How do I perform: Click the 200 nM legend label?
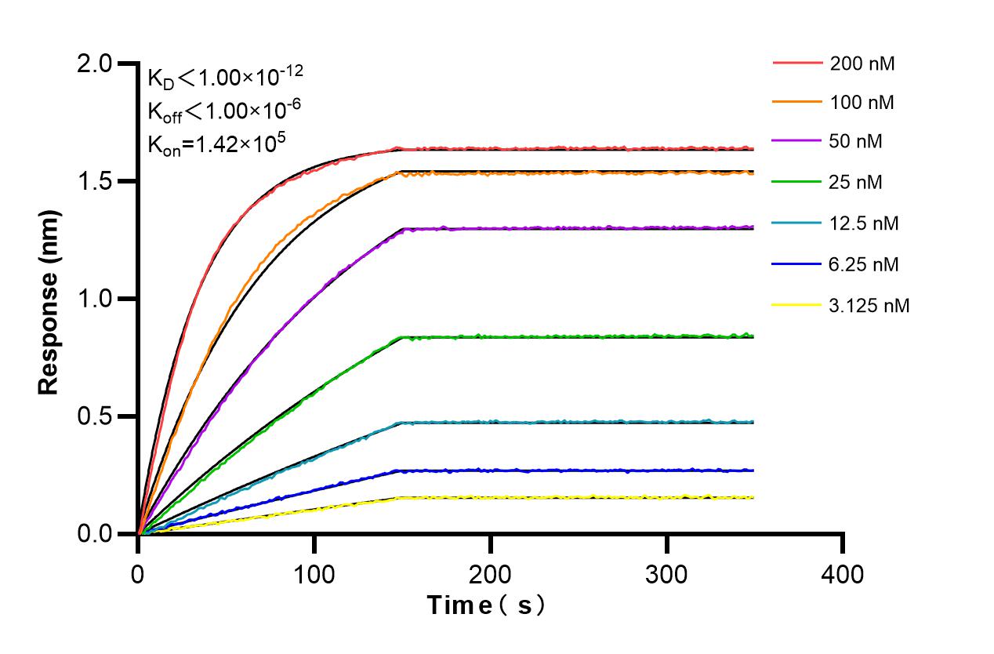pyautogui.click(x=862, y=64)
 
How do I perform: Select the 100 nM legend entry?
pyautogui.click(x=862, y=102)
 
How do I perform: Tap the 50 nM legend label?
pyautogui.click(x=856, y=142)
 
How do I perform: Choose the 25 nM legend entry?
pyautogui.click(x=856, y=183)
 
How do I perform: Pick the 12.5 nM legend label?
pyautogui.click(x=864, y=223)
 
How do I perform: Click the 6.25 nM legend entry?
pyautogui.click(x=864, y=264)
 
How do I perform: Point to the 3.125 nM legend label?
pyautogui.click(x=869, y=306)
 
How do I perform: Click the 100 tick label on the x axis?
pyautogui.click(x=314, y=575)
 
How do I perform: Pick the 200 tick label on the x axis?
pyautogui.click(x=491, y=575)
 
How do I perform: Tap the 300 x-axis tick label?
pyautogui.click(x=667, y=575)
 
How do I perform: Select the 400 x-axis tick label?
pyautogui.click(x=843, y=575)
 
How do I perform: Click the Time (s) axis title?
pyautogui.click(x=485, y=605)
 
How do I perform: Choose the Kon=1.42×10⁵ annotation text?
pyautogui.click(x=211, y=144)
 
